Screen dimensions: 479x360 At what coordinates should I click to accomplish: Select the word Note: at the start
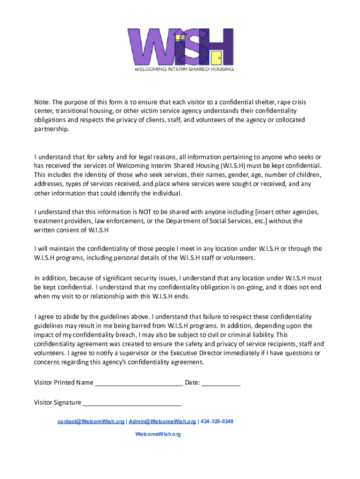click(42, 102)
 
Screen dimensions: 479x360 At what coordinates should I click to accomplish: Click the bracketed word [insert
click(259, 212)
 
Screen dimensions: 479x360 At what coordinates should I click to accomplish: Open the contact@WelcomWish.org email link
click(91, 421)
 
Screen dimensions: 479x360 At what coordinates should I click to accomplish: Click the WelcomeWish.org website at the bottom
click(158, 434)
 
